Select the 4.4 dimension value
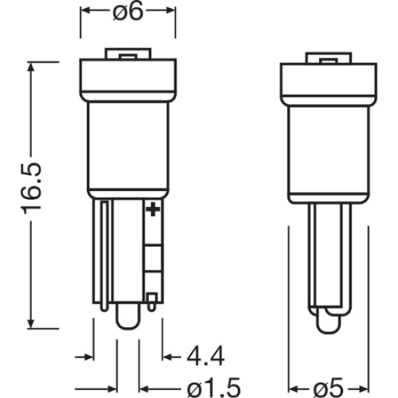[x=206, y=356]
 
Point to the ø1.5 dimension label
[x=213, y=389]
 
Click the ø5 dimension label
[x=329, y=389]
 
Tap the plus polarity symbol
[x=153, y=209]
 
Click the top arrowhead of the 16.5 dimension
[x=30, y=67]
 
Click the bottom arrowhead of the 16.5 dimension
[x=30, y=324]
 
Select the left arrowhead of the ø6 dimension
[x=85, y=10]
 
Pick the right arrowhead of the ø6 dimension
[x=170, y=10]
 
